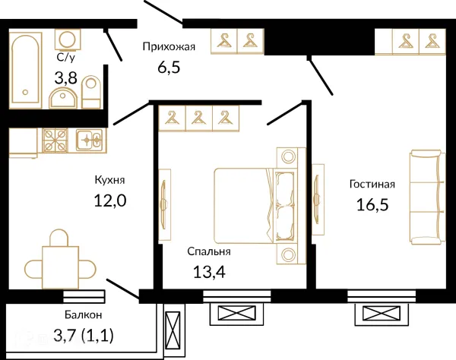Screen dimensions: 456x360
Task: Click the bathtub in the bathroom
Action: [26, 70]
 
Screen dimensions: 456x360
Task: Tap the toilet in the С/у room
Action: [91, 92]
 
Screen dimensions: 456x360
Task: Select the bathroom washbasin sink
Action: [63, 98]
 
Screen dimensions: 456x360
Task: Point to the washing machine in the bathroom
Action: [68, 39]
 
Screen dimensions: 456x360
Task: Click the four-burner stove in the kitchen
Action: [55, 141]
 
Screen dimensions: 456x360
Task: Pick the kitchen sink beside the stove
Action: [89, 141]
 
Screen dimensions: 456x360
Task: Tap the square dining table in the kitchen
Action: [61, 267]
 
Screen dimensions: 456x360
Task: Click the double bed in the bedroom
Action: [254, 205]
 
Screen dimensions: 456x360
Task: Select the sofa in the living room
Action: [427, 197]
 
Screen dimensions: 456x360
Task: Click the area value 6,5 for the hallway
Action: [169, 68]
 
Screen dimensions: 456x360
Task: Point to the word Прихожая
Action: [169, 47]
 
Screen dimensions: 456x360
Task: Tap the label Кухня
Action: [109, 180]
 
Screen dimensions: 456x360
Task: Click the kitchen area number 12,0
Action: [110, 201]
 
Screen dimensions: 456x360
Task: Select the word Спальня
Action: [209, 251]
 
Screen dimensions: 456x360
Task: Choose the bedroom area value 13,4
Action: [209, 272]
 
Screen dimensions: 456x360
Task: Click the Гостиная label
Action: [372, 185]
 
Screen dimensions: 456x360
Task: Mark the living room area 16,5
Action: [372, 204]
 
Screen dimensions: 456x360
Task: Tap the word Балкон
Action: [84, 314]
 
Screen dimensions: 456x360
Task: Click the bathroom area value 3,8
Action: [65, 78]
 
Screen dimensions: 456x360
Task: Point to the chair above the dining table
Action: [59, 238]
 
